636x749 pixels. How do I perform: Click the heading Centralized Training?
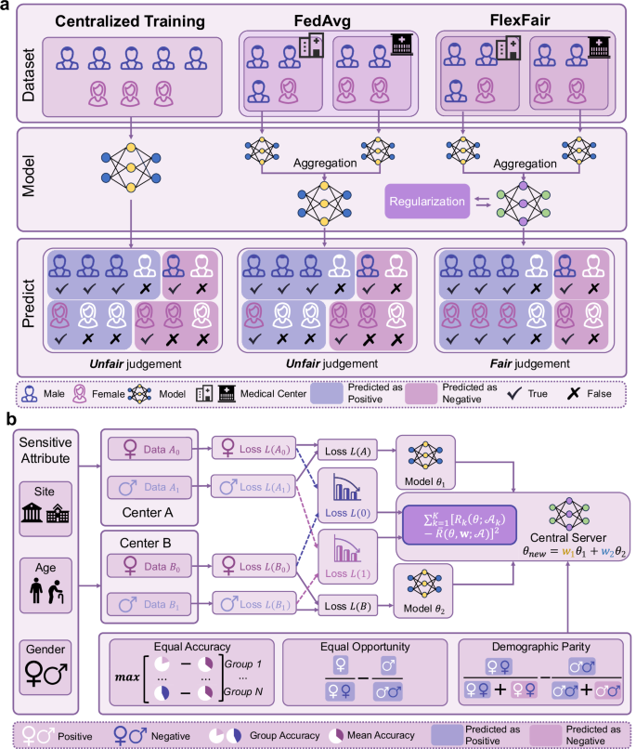click(123, 21)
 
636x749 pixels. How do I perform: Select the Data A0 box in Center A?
click(153, 449)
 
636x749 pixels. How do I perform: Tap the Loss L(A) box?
click(344, 449)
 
